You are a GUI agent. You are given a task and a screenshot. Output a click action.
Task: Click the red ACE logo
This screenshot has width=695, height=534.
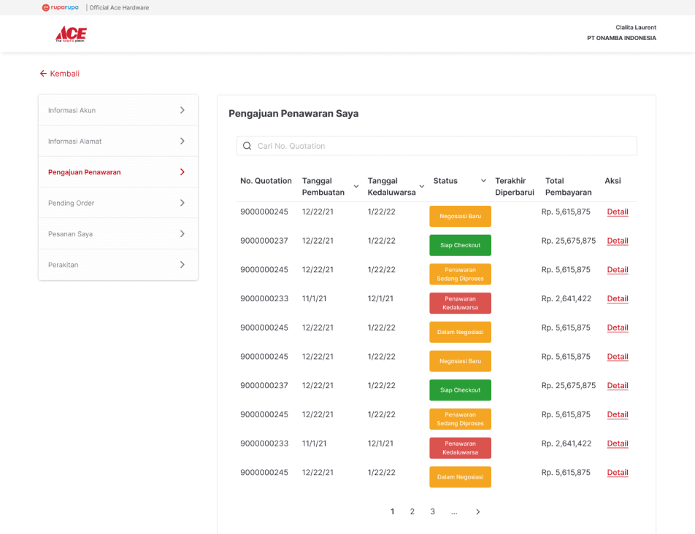[71, 34]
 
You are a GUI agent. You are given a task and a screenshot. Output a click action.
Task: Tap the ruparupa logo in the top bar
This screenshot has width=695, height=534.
[61, 7]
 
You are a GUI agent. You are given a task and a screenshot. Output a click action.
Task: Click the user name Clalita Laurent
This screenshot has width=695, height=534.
[636, 28]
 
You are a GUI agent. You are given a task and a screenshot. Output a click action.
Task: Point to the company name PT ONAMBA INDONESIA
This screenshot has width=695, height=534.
[621, 38]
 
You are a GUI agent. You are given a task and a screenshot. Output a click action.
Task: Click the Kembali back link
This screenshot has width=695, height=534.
[59, 74]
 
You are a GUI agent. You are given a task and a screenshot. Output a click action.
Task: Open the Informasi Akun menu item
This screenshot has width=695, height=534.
[118, 110]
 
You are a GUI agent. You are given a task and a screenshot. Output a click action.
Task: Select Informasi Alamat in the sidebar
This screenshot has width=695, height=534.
[118, 142]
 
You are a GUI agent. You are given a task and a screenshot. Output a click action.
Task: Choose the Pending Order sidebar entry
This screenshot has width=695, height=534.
[118, 203]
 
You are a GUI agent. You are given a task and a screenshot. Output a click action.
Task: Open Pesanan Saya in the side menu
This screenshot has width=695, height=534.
[118, 233]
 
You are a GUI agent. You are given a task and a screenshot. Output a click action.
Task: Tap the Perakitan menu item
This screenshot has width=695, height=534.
[118, 265]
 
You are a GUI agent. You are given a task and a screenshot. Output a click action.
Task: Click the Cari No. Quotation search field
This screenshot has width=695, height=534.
[437, 146]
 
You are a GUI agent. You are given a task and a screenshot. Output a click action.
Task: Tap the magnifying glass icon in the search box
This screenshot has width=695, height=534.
[247, 146]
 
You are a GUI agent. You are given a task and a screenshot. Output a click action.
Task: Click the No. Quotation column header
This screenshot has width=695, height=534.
[266, 181]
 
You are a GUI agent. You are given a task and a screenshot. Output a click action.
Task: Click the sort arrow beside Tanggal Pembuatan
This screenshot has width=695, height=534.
[356, 187]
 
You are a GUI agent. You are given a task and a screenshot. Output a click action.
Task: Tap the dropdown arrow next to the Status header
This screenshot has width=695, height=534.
[483, 181]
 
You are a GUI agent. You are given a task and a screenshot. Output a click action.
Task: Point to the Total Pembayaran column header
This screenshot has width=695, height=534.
[568, 187]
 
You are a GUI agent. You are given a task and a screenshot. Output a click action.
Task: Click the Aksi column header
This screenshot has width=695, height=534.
[613, 181]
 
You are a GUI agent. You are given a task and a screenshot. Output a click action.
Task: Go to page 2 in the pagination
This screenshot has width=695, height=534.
[412, 511]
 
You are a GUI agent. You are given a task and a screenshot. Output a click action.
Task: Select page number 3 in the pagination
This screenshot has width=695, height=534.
[433, 511]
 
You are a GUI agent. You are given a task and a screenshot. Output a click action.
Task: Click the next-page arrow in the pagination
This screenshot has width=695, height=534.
[477, 512]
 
